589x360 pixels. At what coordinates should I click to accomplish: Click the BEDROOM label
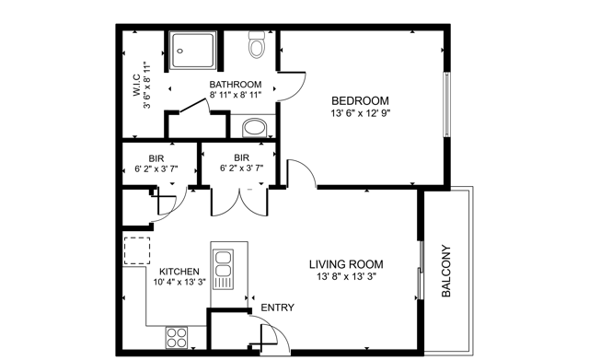point(360,100)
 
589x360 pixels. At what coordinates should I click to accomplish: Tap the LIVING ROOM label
point(346,264)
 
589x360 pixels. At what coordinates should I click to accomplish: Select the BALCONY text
point(445,271)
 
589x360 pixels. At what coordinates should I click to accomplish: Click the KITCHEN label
point(179,272)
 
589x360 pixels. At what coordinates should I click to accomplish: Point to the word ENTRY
point(278,308)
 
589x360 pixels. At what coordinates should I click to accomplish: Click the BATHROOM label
point(236,84)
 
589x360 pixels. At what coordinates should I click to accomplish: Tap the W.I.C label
point(137,86)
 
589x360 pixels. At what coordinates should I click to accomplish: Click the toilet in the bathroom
point(257,44)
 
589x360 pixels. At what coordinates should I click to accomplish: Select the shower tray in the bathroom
point(192,51)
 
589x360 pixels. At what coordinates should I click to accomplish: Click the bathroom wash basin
point(255,128)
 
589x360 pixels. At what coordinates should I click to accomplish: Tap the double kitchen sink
point(223,269)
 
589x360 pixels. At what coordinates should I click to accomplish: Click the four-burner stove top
point(177,338)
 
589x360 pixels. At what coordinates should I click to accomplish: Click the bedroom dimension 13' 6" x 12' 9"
point(361,113)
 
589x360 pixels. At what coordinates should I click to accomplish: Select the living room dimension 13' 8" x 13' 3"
point(346,277)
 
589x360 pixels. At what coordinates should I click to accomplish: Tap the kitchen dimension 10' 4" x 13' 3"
point(179,282)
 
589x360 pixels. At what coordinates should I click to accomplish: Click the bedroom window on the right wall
point(447,104)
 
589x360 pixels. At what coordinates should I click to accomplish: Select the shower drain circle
point(180,51)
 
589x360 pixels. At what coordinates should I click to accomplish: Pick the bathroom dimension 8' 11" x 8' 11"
point(236,95)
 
